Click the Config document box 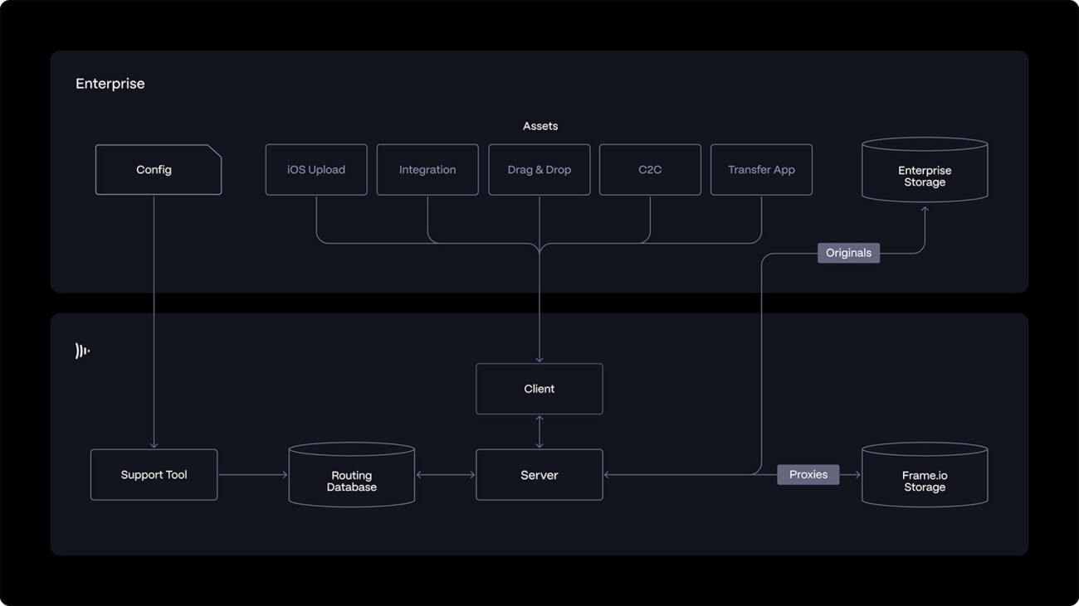click(x=158, y=170)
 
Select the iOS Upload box click(x=316, y=170)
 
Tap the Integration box click(x=427, y=170)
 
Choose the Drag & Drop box click(x=539, y=170)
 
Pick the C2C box click(x=650, y=170)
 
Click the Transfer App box click(x=761, y=170)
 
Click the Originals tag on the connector click(x=848, y=253)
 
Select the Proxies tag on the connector click(x=808, y=474)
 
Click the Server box click(x=539, y=475)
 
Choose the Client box click(x=539, y=389)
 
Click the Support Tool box click(x=154, y=475)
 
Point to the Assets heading click(x=540, y=126)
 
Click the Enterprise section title click(x=110, y=84)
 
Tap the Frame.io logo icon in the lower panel click(x=82, y=351)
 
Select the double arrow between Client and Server click(x=539, y=432)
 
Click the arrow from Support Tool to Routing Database click(x=252, y=475)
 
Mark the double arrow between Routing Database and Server click(x=446, y=475)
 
